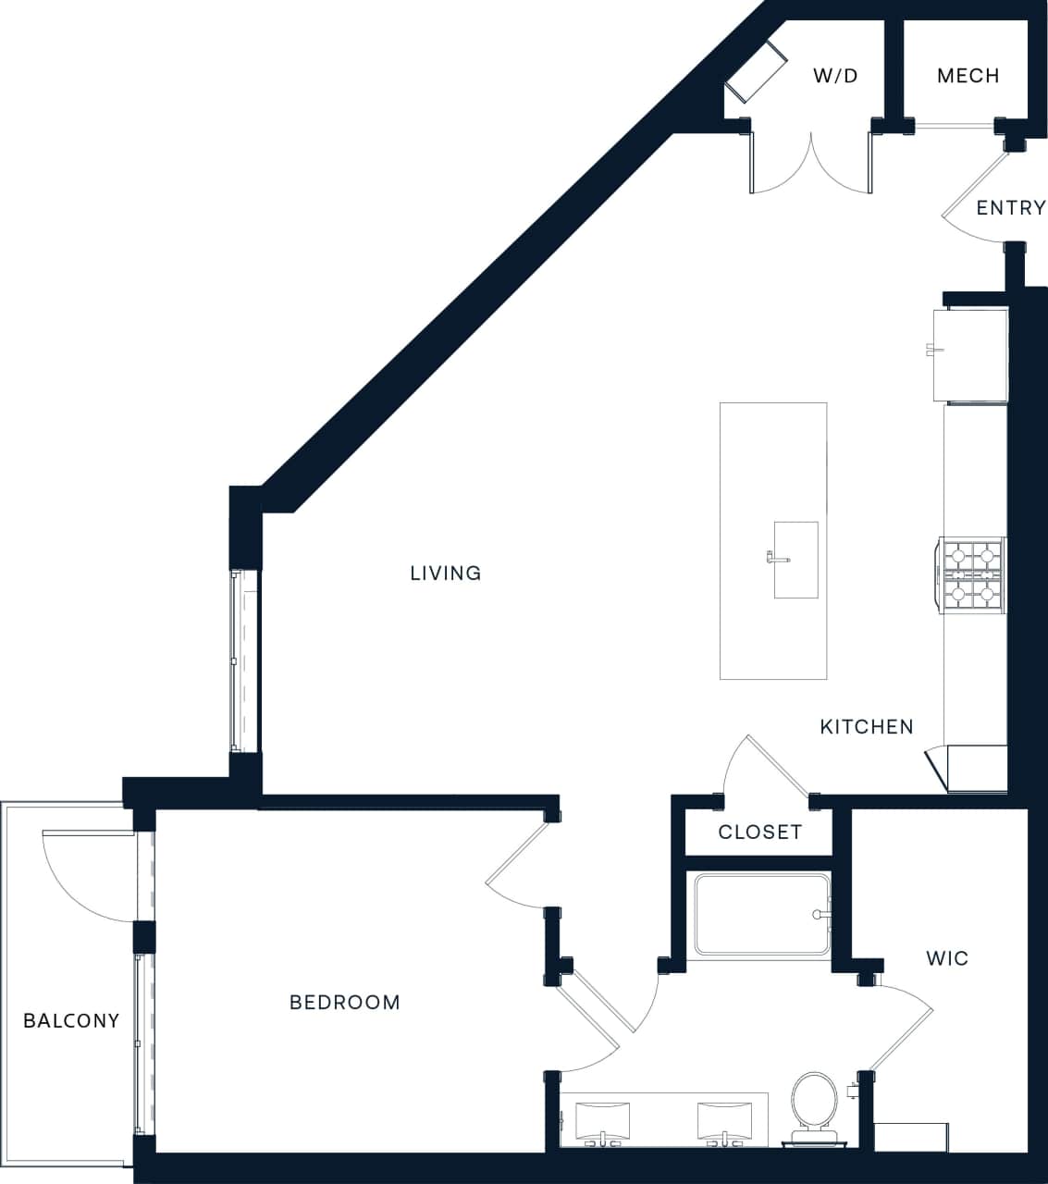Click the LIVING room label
pyautogui.click(x=446, y=573)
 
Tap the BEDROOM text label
pyautogui.click(x=345, y=1002)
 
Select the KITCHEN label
pyautogui.click(x=867, y=727)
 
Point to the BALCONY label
pyautogui.click(x=71, y=1020)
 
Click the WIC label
pyautogui.click(x=947, y=958)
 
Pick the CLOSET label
pyautogui.click(x=759, y=832)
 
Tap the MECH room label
pyautogui.click(x=968, y=76)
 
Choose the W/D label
pyautogui.click(x=835, y=76)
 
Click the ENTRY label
pyautogui.click(x=1010, y=208)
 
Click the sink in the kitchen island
pyautogui.click(x=795, y=560)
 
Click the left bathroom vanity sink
pyautogui.click(x=602, y=1120)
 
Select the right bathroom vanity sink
pyautogui.click(x=725, y=1120)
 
